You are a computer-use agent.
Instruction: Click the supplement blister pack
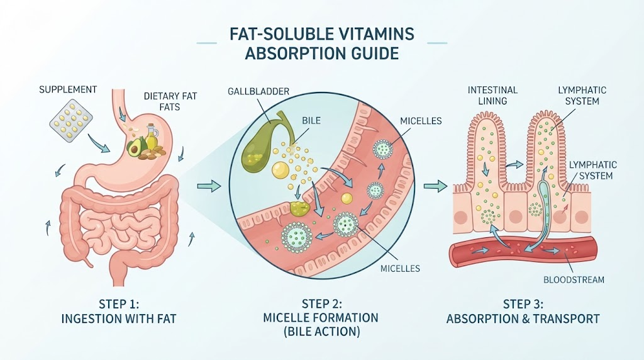[70, 120]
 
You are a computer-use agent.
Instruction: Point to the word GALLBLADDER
[258, 91]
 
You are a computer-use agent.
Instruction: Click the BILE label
[311, 121]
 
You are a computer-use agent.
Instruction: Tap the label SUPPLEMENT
[68, 89]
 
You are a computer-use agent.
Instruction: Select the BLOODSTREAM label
[574, 280]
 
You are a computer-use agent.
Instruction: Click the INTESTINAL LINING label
[492, 95]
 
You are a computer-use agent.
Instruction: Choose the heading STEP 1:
[119, 304]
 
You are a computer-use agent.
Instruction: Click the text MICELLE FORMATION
[321, 318]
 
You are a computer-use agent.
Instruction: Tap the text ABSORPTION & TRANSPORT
[523, 318]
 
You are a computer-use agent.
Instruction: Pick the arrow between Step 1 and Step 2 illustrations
[209, 186]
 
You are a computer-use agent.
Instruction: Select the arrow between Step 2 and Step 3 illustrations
[435, 186]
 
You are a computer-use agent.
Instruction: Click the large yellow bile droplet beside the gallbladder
[281, 169]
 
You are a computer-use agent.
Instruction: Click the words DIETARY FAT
[170, 96]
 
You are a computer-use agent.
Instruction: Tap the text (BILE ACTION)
[321, 331]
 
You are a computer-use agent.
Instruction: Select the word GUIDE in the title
[376, 54]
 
